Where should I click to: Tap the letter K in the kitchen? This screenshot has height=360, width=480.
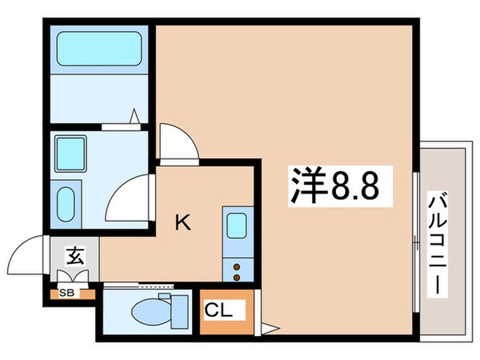click(183, 223)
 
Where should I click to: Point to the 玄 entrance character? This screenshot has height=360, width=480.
click(74, 257)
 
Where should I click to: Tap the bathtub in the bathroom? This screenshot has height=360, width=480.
click(100, 49)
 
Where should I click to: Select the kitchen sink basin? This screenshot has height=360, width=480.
click(236, 226)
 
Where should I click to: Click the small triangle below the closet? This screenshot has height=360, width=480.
click(270, 327)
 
